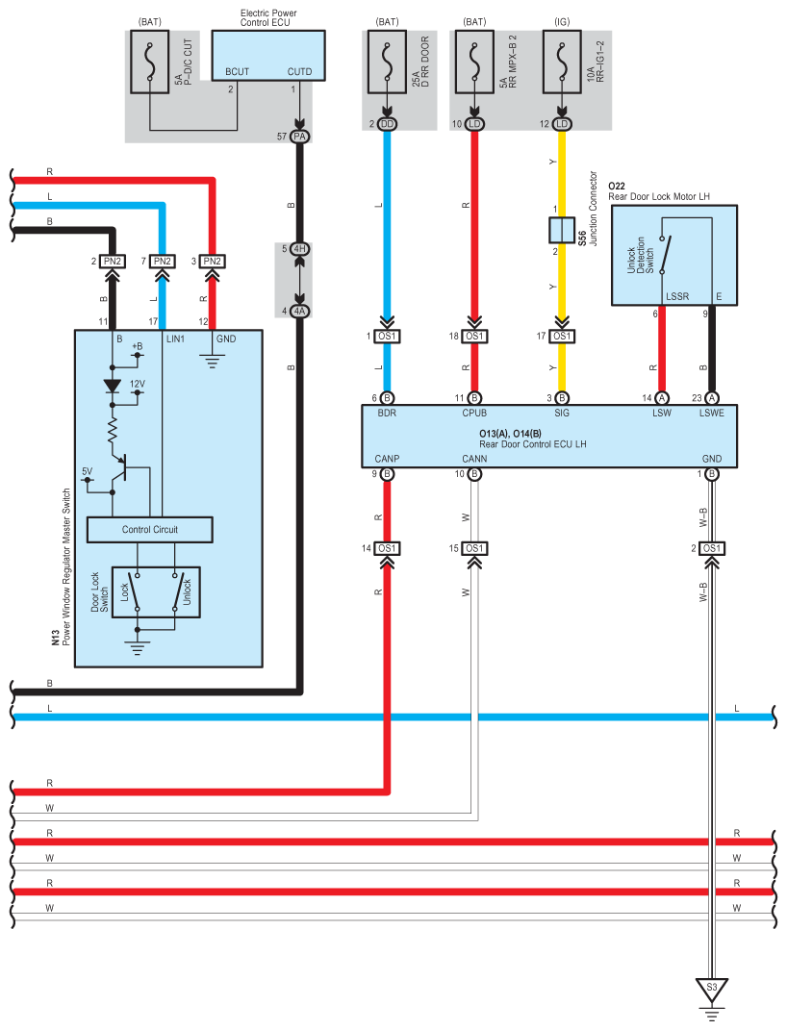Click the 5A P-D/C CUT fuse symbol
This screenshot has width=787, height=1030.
coord(150,62)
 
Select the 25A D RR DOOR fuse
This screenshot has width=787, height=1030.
coord(387,62)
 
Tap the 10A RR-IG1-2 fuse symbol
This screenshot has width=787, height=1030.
coord(562,62)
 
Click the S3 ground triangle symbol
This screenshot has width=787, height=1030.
coord(711,990)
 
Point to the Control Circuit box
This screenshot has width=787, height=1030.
coord(150,530)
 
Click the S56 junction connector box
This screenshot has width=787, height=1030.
coord(562,230)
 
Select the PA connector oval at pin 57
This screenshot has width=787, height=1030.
coord(299,137)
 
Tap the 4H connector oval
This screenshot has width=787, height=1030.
coord(299,249)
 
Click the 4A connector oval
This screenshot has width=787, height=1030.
coord(299,311)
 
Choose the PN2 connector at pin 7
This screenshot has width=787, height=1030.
coord(163,262)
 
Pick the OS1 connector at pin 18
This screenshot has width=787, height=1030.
coord(474,337)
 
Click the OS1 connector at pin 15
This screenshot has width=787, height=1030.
coord(474,548)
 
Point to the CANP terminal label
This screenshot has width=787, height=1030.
coord(387,459)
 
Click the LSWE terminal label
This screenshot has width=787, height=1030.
coord(711,414)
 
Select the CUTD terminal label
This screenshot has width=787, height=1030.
coord(299,71)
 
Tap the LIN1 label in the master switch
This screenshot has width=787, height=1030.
coord(175,339)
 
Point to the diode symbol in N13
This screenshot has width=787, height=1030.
coord(113,387)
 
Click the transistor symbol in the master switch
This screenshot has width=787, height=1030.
coord(119,468)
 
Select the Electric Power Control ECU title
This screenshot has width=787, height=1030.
coord(268,17)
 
